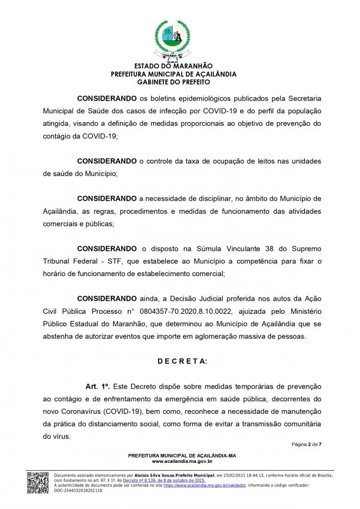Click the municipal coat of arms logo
pos(173,38)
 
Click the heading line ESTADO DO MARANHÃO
pos(174,66)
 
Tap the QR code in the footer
pos(37,483)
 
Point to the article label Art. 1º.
pos(98,387)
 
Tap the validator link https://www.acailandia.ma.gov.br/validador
pos(198,486)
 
